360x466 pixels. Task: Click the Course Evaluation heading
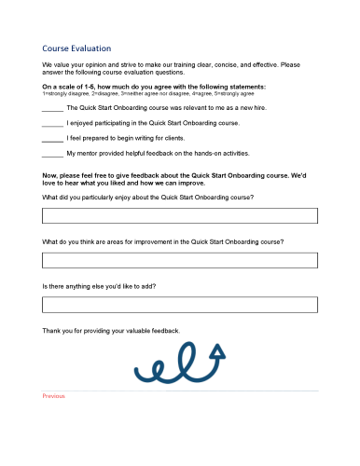click(76, 48)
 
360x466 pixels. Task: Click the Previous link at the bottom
click(53, 396)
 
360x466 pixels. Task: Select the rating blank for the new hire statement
click(52, 109)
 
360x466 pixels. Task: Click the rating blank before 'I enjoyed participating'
click(52, 124)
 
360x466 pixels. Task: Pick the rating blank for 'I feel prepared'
click(52, 139)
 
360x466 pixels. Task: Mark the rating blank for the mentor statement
click(52, 154)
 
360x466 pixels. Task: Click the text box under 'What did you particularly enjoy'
click(180, 216)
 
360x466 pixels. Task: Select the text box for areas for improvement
click(180, 260)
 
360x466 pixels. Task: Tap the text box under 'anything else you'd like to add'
click(180, 304)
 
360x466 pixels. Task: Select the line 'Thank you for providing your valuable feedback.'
click(111, 330)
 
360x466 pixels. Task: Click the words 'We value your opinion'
click(80, 64)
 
